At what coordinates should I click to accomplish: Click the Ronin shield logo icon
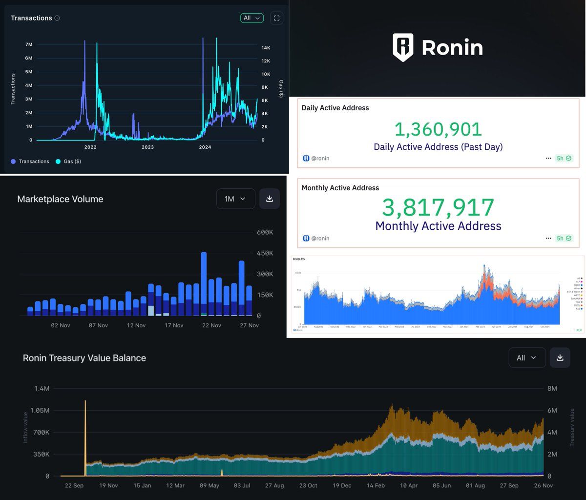click(x=403, y=47)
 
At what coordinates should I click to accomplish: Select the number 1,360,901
click(x=438, y=129)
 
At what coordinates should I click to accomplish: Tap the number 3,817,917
click(x=438, y=207)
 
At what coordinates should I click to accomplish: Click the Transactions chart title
click(x=31, y=18)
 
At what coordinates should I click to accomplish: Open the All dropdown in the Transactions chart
click(x=251, y=18)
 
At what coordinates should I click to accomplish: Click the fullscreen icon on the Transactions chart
click(x=276, y=18)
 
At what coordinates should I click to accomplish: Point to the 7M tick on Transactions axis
click(x=28, y=44)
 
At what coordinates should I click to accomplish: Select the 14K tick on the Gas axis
click(x=266, y=48)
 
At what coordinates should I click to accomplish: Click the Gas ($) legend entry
click(x=68, y=161)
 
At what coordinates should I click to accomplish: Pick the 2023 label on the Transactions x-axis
click(x=147, y=147)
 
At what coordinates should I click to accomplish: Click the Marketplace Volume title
click(x=60, y=199)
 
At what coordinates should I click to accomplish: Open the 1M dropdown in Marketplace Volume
click(x=235, y=199)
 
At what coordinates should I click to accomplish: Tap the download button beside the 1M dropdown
click(x=270, y=199)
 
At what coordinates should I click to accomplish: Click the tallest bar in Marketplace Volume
click(x=204, y=283)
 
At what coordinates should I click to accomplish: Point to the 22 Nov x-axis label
click(x=211, y=325)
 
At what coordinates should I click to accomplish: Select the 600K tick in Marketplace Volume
click(x=265, y=232)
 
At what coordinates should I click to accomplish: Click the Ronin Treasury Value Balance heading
click(x=84, y=358)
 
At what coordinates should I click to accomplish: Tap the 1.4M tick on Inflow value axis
click(x=41, y=389)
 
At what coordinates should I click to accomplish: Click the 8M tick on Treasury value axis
click(x=552, y=389)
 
